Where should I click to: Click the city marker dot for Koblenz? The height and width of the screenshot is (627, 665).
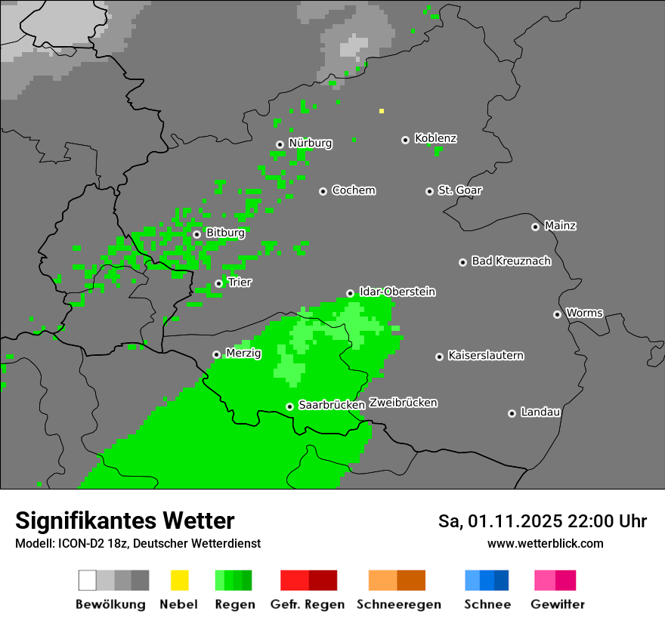pos(405,140)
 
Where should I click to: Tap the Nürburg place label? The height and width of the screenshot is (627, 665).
pos(311,143)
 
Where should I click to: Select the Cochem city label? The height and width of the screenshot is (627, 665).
pos(354,190)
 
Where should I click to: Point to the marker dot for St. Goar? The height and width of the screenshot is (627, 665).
pos(429,191)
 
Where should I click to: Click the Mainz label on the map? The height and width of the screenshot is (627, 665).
pos(560,225)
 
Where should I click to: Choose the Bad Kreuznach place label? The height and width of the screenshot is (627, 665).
pos(511,261)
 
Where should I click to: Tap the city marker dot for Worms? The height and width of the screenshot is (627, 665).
pos(557,314)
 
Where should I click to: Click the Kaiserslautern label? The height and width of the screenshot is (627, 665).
pos(485,355)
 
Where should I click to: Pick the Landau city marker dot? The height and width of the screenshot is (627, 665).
pos(512,413)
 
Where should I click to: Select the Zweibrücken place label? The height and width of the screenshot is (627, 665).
pos(403,403)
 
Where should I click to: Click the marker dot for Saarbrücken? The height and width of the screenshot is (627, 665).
pos(289,406)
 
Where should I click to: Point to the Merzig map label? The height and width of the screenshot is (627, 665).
pos(243,353)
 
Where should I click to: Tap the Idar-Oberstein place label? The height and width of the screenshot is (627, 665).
pos(397,292)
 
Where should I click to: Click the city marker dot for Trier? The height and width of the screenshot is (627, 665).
pos(218,284)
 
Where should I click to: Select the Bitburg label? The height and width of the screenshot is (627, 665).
pos(225,233)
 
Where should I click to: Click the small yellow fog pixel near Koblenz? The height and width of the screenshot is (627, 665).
pos(382,111)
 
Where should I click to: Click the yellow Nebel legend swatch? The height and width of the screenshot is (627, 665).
pos(179,580)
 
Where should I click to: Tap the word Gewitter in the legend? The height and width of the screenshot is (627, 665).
pos(558,604)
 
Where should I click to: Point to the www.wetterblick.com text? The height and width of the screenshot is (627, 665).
pos(545,543)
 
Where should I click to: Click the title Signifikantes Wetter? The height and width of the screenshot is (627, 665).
pos(125,520)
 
